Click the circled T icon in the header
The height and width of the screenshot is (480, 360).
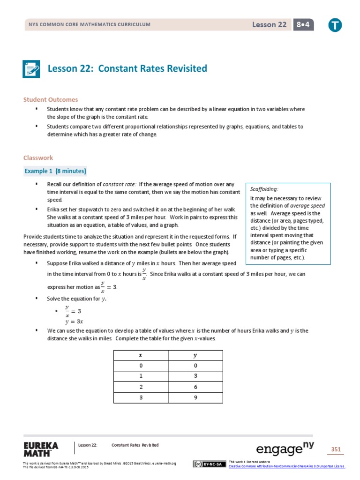click(x=335, y=25)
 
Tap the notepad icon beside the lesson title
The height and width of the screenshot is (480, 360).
click(x=32, y=69)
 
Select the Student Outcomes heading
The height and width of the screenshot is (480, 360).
click(x=51, y=99)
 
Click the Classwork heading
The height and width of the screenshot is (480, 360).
click(x=38, y=158)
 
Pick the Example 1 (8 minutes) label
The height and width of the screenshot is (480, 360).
click(x=55, y=171)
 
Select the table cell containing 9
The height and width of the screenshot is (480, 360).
click(x=195, y=397)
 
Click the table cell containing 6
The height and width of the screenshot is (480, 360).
click(x=195, y=387)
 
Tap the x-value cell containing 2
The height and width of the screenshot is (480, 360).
click(x=141, y=387)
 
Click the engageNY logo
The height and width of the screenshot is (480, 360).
click(x=285, y=449)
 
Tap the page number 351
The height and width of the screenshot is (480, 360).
click(x=336, y=450)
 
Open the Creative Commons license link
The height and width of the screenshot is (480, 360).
click(x=286, y=466)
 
